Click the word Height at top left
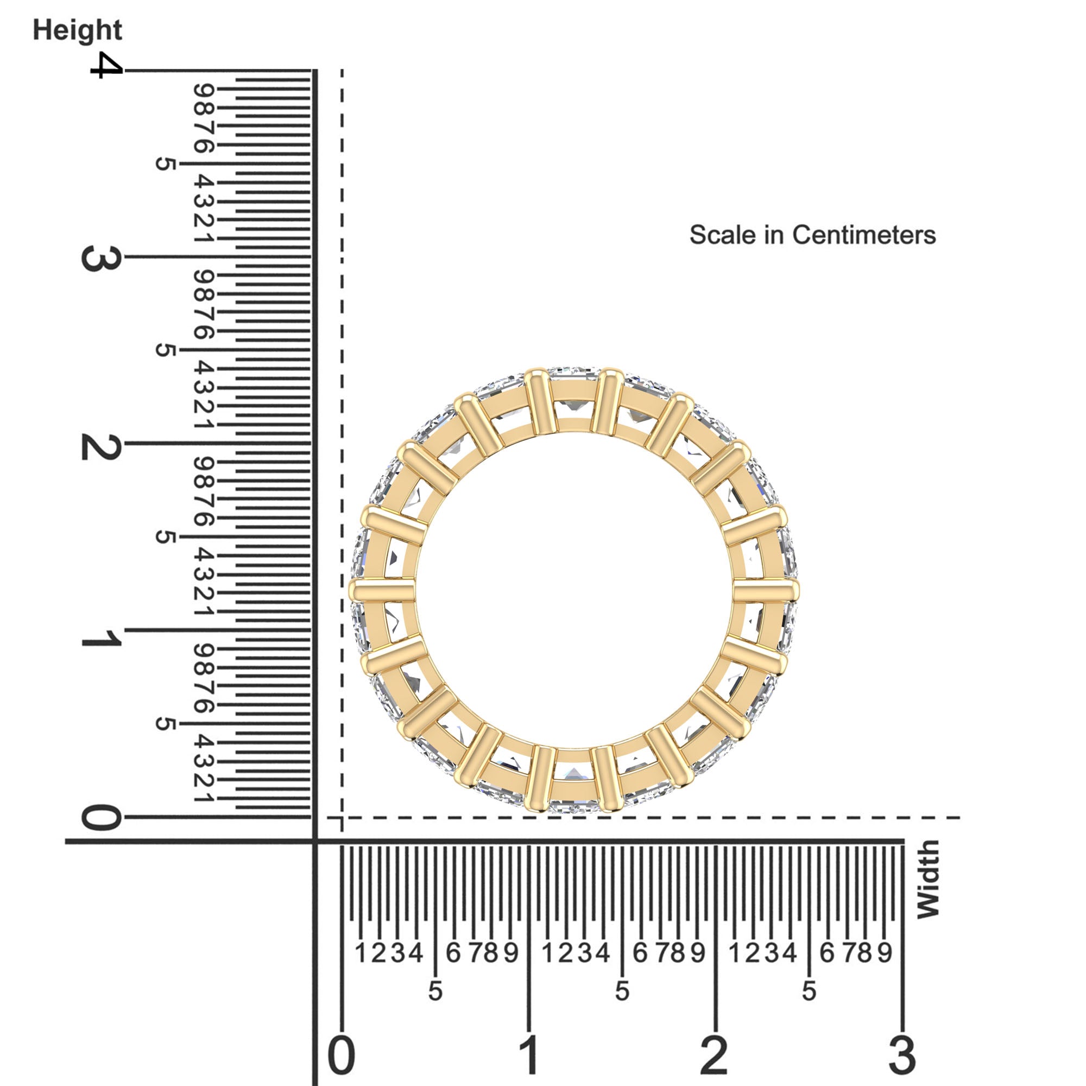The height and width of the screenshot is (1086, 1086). click(77, 30)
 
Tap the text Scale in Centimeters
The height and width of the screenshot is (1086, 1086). click(812, 235)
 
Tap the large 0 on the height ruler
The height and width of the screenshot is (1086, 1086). click(101, 818)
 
